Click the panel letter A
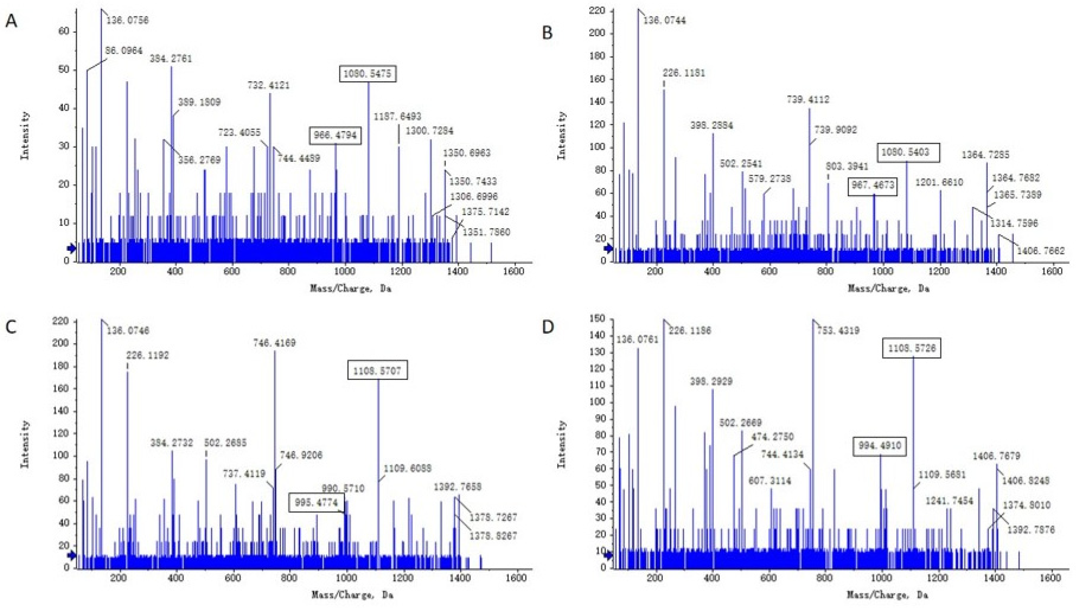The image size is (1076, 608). coord(11,20)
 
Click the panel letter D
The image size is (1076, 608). coord(547,327)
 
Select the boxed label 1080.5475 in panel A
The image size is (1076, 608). coord(368,74)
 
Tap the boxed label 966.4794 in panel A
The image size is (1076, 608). coord(335,136)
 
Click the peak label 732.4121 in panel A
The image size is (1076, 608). coord(269,85)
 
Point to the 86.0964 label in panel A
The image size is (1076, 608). coord(124,51)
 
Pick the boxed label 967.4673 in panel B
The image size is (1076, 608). coord(873,186)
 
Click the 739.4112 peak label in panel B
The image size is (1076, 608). coord(808,99)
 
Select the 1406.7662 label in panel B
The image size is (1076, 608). coord(1040,251)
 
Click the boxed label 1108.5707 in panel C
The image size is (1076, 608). coord(377,370)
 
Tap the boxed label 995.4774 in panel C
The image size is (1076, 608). coord(316,502)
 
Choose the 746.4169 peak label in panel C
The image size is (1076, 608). coord(274,343)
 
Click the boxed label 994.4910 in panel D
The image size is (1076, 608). coord(880,445)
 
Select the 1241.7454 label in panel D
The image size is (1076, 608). coord(949,501)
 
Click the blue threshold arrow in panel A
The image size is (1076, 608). coord(71,248)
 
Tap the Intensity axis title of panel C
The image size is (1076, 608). coord(25,444)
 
